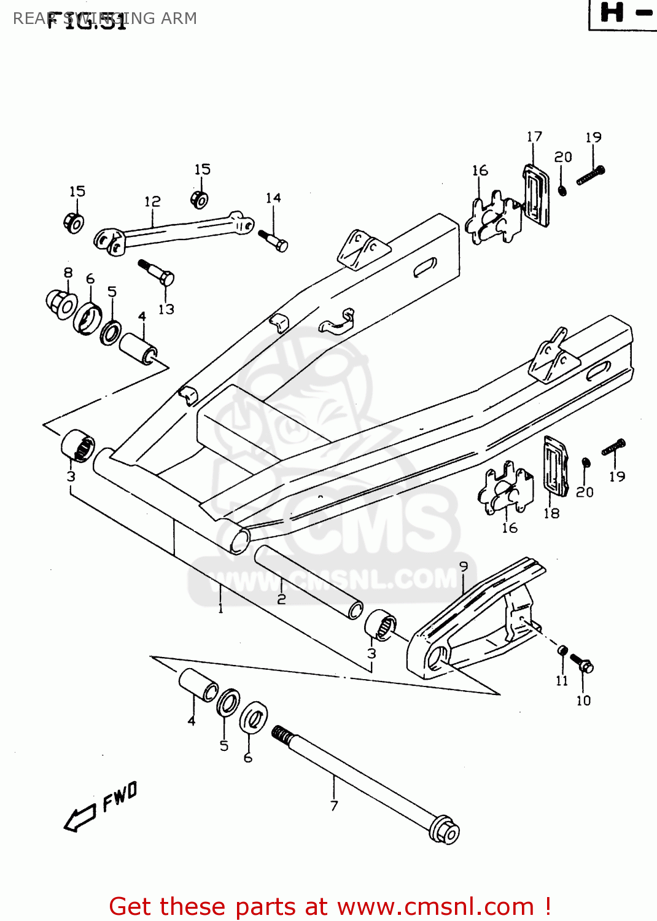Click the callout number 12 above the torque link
tap(152, 201)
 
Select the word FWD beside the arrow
tap(120, 796)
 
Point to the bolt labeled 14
tap(273, 241)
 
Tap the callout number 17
tap(534, 136)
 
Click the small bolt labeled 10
tap(581, 663)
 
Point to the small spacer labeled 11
tap(562, 650)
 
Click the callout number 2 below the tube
tap(281, 599)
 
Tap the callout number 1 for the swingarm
tap(220, 608)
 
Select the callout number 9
tap(464, 566)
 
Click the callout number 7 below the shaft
tap(334, 806)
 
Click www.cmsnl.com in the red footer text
tap(435, 907)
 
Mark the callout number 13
tap(166, 309)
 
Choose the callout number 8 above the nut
tap(68, 272)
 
